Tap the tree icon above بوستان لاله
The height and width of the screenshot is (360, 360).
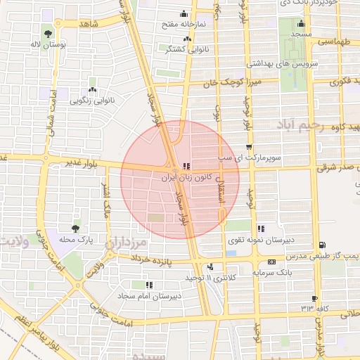point(47,32)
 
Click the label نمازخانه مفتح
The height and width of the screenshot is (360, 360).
point(184,24)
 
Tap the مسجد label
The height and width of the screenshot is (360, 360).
point(301,34)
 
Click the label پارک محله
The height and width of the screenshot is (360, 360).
point(76,240)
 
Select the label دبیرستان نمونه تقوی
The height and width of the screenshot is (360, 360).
point(262,240)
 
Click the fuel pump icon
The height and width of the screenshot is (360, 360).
point(322,245)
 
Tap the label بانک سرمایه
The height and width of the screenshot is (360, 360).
point(271,271)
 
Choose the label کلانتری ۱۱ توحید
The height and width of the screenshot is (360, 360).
point(213,278)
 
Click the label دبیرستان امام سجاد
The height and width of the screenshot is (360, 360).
point(148,296)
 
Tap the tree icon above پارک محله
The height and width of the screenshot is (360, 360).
point(76,229)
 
